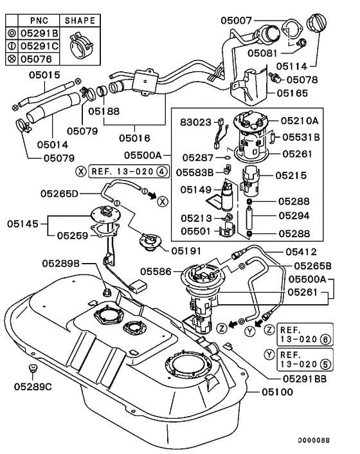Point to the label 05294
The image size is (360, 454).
[293, 217]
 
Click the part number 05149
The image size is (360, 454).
[194, 190]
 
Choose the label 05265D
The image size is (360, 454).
[60, 194]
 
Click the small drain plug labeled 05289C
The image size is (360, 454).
[31, 370]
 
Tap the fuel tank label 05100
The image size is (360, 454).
[276, 392]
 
